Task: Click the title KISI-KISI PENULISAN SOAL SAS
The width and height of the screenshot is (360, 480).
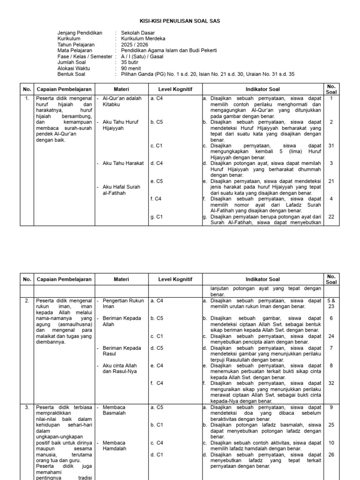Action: [x=180, y=21]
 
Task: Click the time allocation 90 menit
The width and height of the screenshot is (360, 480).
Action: [x=131, y=68]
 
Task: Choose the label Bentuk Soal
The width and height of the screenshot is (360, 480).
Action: [x=71, y=74]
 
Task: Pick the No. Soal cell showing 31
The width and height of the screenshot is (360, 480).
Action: [x=331, y=146]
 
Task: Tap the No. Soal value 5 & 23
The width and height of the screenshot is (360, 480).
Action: [x=331, y=303]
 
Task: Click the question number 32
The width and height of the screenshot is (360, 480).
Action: [x=331, y=383]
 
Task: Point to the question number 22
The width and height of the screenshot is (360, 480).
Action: [x=331, y=217]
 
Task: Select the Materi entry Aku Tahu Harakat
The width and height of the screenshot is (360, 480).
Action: [x=122, y=163]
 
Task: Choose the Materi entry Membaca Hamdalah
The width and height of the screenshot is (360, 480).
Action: [x=115, y=445]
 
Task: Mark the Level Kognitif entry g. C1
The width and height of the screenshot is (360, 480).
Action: [x=156, y=217]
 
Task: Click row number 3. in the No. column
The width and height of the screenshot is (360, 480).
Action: [x=27, y=407]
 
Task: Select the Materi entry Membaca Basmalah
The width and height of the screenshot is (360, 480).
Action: [x=115, y=410]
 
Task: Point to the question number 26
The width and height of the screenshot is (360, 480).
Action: [x=331, y=454]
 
